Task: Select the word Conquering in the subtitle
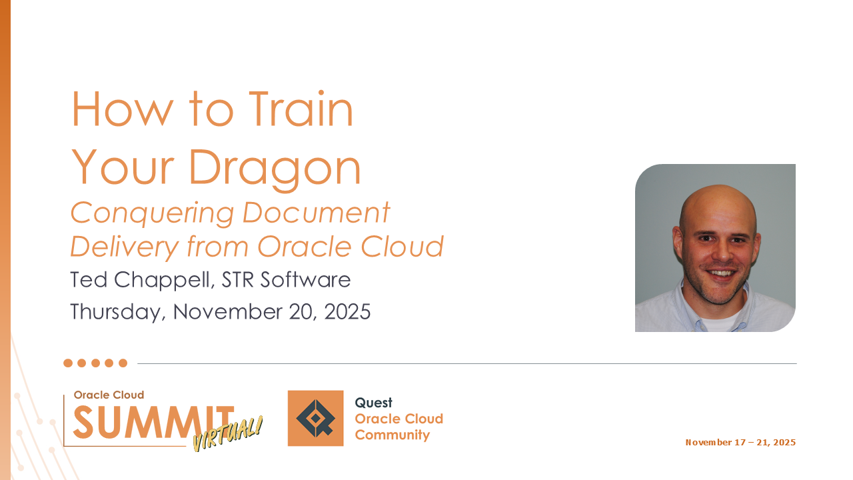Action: point(152,213)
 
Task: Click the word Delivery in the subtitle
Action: point(125,247)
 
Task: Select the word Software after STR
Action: point(305,279)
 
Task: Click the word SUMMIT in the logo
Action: point(153,421)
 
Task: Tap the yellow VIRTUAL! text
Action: point(228,434)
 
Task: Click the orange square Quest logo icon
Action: point(315,418)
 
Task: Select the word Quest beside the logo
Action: point(373,403)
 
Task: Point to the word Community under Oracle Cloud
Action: point(393,435)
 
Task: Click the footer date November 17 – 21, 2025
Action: point(740,442)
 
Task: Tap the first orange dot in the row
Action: point(68,363)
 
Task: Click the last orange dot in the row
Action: point(123,363)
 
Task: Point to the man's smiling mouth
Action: point(721,273)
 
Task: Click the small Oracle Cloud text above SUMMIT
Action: point(109,395)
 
